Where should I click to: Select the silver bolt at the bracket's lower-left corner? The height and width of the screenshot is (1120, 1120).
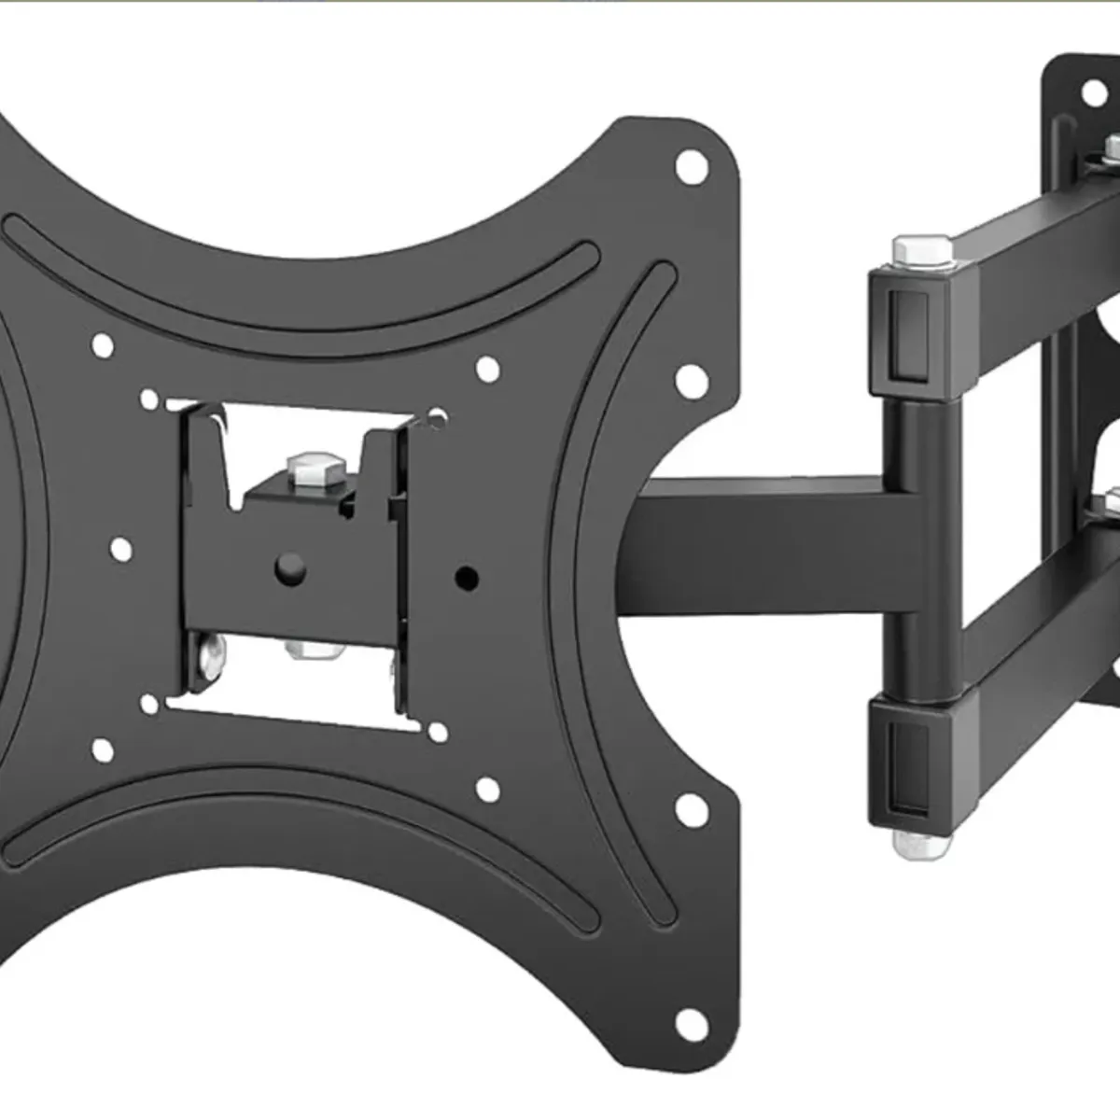[212, 656]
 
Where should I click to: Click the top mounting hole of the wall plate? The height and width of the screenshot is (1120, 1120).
[1092, 91]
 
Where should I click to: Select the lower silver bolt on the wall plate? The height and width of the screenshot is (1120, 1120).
[1110, 504]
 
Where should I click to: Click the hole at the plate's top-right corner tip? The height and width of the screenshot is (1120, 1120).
[692, 167]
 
